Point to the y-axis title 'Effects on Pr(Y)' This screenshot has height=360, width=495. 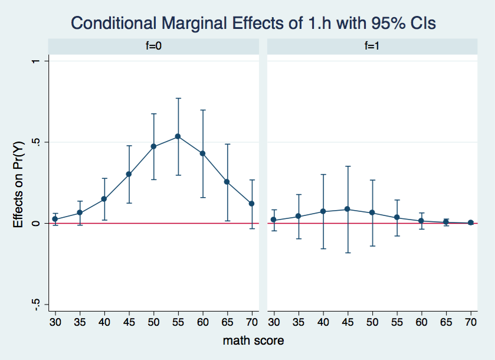(x=19, y=183)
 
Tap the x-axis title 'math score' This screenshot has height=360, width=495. (x=253, y=341)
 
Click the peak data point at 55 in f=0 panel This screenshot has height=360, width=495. (x=178, y=136)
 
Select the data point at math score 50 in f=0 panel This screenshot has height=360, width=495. (x=153, y=146)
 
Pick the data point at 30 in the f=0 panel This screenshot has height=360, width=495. (x=55, y=219)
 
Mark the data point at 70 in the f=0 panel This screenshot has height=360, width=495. (x=252, y=204)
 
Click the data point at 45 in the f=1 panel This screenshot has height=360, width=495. (x=348, y=209)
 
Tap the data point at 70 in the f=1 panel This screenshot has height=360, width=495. (x=471, y=222)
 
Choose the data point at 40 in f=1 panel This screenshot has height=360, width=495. (x=323, y=211)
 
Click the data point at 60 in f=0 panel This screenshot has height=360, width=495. (x=202, y=153)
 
